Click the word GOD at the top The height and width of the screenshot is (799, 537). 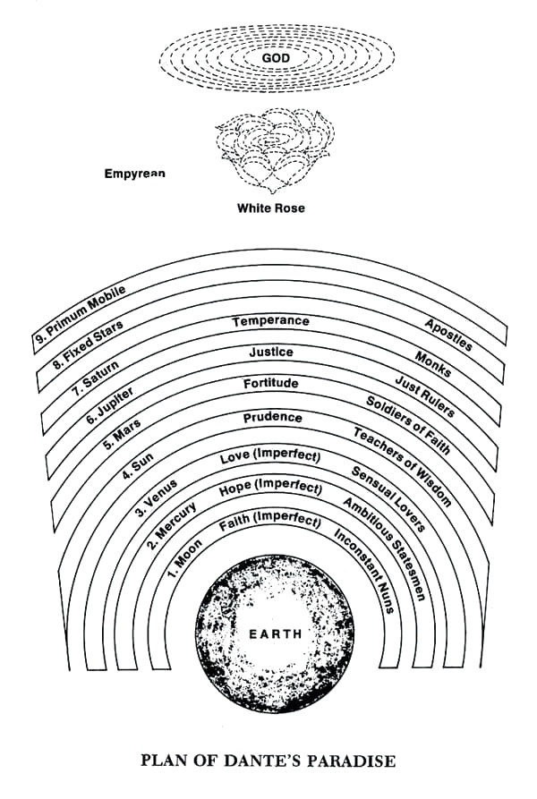[x=269, y=58]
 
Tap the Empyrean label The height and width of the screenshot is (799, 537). [x=134, y=174]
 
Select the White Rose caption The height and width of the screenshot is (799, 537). [x=270, y=208]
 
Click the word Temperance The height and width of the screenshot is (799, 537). [x=270, y=321]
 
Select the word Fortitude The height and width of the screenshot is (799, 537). [x=270, y=384]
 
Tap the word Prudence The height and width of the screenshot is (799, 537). [x=272, y=418]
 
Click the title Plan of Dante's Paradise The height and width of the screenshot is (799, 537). [x=268, y=761]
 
